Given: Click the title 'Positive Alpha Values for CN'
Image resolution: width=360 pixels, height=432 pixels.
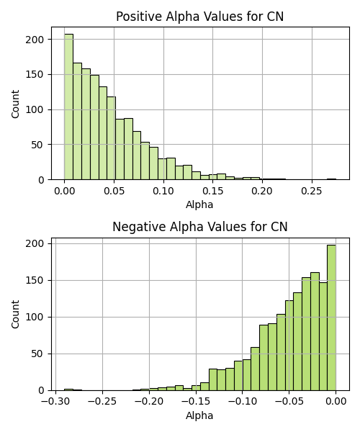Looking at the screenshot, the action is pos(199,17).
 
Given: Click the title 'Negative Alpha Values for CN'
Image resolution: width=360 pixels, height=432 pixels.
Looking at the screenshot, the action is pos(199,227).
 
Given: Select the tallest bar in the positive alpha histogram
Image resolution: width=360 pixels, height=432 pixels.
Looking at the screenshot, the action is pos(68,107).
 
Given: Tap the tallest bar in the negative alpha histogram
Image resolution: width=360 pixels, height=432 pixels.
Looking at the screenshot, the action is pos(331,318).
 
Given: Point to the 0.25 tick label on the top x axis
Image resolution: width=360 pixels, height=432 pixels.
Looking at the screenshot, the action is pos(312,191).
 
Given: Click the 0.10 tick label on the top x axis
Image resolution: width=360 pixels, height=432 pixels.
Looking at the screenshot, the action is pos(163,191).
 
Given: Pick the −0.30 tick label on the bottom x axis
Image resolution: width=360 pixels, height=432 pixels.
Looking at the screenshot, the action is pos(55,401).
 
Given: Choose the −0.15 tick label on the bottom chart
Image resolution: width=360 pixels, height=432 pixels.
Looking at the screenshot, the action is pos(196,401).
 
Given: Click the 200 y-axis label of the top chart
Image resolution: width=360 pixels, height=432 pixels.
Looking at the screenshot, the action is pos(35,40).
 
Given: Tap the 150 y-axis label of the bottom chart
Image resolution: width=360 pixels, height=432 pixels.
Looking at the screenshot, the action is pos(35,281).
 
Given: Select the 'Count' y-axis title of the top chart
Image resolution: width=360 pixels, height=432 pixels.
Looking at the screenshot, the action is pos(15,104).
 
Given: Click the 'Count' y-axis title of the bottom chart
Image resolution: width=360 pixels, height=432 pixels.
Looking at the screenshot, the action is pos(15,314).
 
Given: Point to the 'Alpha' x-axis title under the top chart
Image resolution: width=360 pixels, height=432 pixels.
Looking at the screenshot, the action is pos(199,204).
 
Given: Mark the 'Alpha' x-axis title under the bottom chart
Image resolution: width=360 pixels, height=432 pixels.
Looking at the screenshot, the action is pos(199,415).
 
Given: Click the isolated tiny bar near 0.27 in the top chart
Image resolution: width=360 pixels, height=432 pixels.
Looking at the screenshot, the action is pos(332,179).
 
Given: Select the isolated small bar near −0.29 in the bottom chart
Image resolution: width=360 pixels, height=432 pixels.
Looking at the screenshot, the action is pos(68,390).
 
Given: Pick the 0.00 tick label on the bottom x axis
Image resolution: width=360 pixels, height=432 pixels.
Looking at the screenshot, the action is pos(336,401).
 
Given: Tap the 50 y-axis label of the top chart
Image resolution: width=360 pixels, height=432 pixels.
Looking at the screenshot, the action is pos(37,145).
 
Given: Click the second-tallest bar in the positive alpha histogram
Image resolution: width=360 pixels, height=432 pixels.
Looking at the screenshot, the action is pos(77,121).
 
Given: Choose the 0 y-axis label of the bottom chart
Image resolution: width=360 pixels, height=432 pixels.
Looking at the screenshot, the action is pos(41,390).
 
